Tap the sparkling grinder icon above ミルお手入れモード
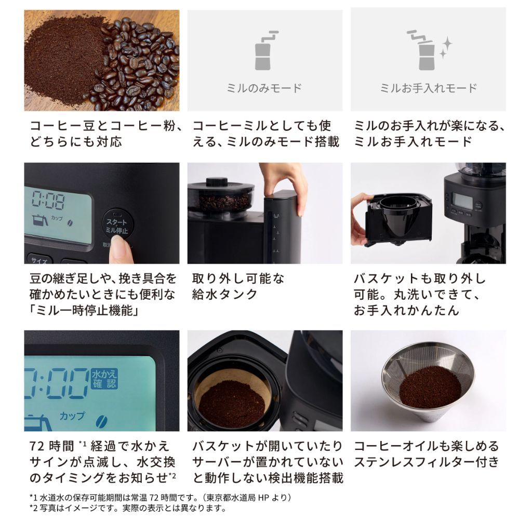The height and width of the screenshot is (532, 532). (x=428, y=50)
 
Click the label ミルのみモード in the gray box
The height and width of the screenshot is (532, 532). (x=264, y=88)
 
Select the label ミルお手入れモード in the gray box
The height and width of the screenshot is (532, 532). (x=428, y=88)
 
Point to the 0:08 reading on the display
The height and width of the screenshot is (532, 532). (x=48, y=199)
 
